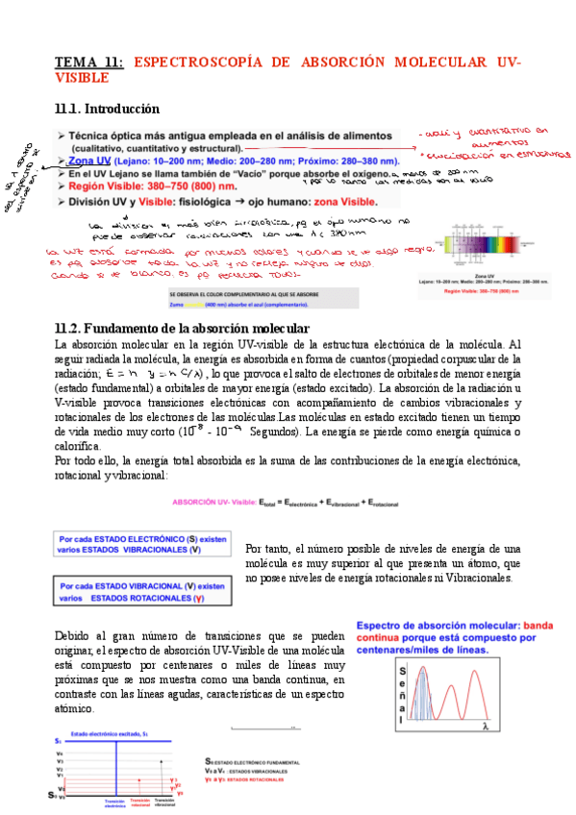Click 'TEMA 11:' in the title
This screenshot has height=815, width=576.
[89, 62]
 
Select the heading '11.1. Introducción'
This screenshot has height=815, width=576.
[107, 109]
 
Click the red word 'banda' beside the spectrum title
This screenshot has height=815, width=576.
[541, 623]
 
